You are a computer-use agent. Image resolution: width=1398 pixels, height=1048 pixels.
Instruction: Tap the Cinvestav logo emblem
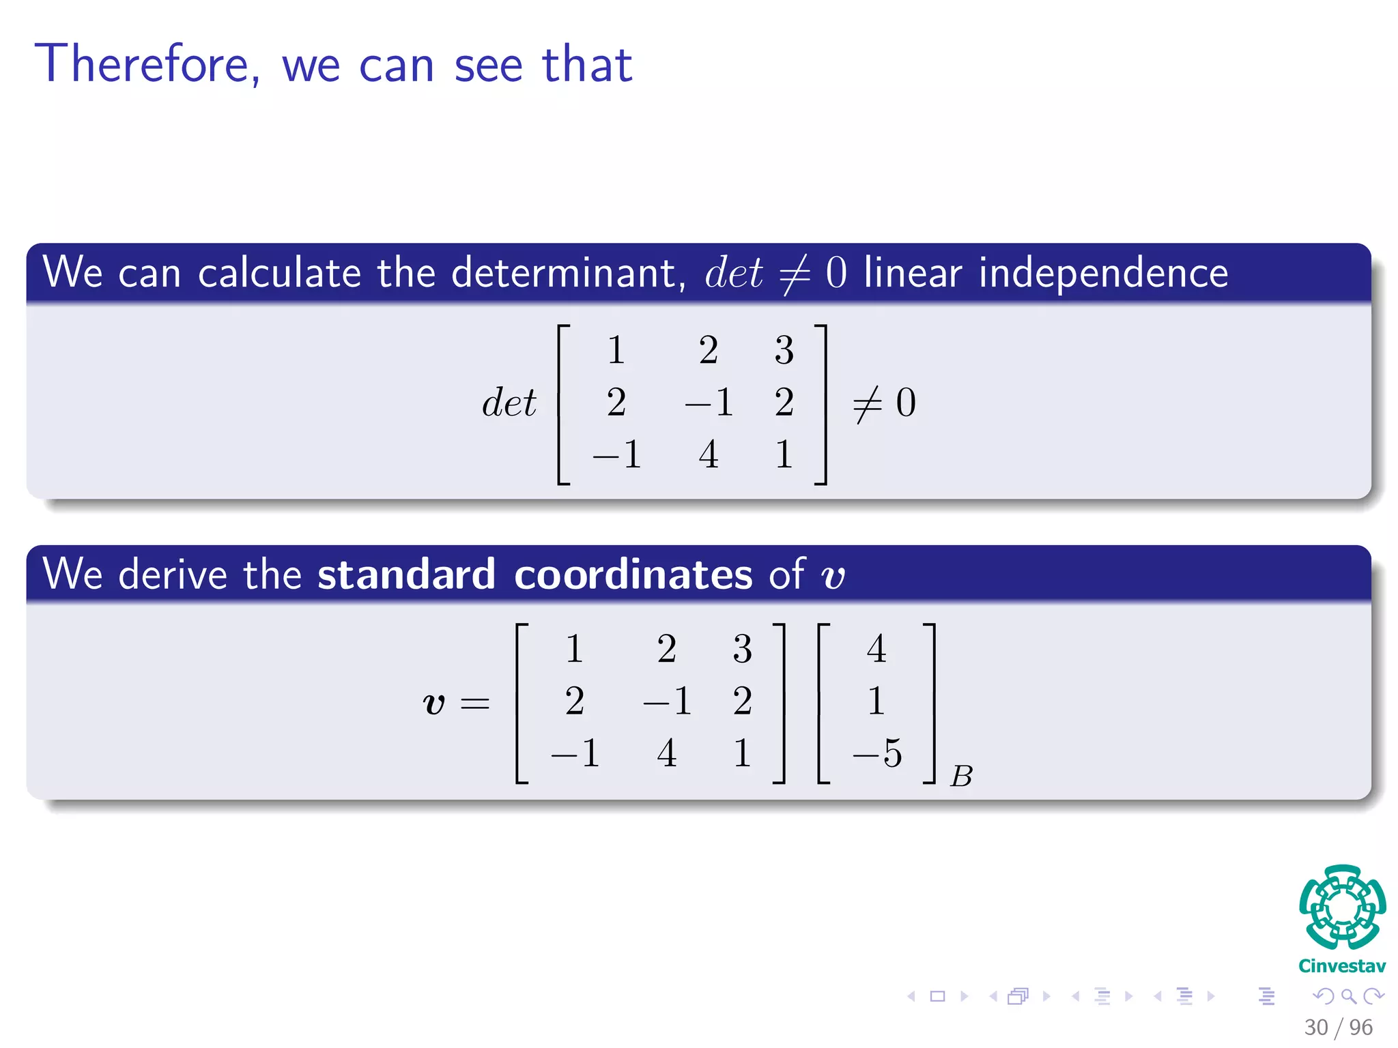coord(1342,907)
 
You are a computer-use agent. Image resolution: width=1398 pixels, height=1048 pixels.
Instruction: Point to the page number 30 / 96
coord(1338,1027)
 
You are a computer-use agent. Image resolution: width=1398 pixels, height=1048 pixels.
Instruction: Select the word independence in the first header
coord(1103,273)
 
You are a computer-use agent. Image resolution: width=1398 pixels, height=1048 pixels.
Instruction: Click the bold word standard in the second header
coord(406,574)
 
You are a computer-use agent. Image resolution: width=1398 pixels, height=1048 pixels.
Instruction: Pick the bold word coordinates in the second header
coord(633,574)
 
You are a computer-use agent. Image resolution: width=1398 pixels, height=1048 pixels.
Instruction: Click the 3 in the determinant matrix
coord(784,350)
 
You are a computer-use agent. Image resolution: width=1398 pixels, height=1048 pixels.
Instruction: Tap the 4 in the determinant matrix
coord(709,454)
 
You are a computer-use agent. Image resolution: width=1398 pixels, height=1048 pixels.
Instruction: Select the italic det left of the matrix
coord(509,403)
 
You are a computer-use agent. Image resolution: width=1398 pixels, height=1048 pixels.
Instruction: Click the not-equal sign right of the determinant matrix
coord(868,403)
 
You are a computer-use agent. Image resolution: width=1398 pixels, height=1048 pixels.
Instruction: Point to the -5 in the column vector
coord(878,753)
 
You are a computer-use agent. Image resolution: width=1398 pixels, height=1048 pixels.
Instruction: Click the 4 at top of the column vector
coord(876,648)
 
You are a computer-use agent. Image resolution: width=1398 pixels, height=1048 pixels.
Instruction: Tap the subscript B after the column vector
coord(961,776)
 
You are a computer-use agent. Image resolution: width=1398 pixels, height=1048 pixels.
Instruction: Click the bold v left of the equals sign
coord(434,703)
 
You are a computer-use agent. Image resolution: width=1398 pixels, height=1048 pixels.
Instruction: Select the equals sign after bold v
coord(475,703)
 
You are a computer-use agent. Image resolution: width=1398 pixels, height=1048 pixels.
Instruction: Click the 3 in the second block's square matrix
coord(742,648)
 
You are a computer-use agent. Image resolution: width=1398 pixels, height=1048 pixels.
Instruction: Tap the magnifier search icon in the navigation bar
coord(1348,996)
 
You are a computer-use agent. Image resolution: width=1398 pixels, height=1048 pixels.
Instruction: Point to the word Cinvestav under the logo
coord(1342,966)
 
